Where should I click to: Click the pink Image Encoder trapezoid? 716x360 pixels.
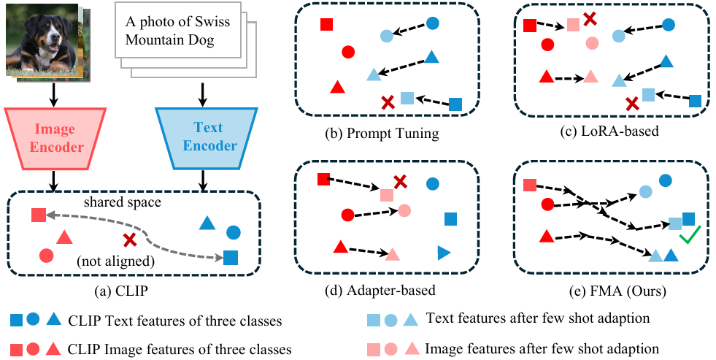pos(55,139)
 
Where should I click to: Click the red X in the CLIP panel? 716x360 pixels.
pos(130,240)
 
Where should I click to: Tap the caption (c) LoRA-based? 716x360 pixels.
pos(614,134)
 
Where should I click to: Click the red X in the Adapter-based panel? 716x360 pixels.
pos(400,181)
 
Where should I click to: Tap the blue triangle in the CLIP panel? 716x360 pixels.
pos(207,224)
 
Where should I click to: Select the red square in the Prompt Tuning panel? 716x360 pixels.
pos(327,25)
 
